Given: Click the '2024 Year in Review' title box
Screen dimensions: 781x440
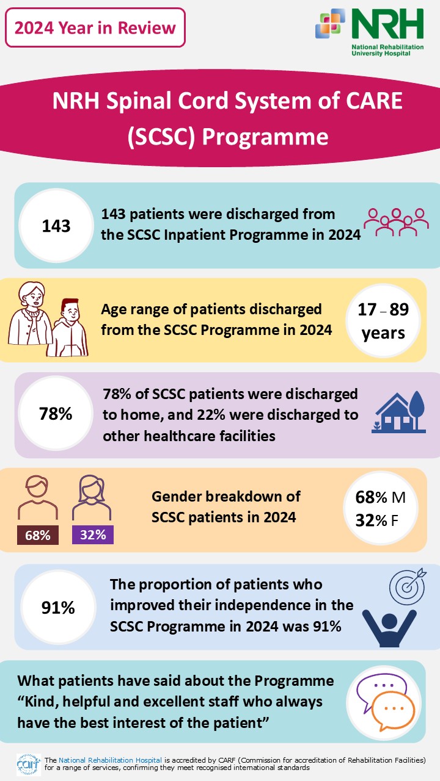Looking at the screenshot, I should click(x=95, y=27).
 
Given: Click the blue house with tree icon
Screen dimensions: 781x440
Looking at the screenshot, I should click(x=399, y=412).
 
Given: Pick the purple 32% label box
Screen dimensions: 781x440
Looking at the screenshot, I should click(x=93, y=535).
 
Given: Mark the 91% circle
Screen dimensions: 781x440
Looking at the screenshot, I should click(x=57, y=608).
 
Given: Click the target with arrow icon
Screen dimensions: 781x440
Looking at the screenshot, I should click(x=406, y=587).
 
